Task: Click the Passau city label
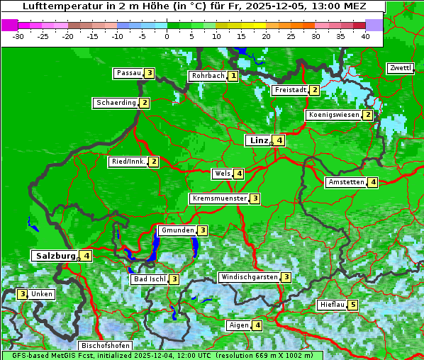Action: coord(128,73)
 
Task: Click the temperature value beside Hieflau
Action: coord(353,305)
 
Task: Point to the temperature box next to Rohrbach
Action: coord(233,76)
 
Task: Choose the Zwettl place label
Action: coord(400,68)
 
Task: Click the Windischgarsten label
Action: coord(248,277)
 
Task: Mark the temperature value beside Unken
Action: coord(23,294)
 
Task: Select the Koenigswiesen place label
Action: coord(333,115)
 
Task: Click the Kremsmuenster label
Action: coord(218,198)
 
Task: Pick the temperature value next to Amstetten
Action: coord(373,182)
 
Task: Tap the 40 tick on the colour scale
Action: coord(365,36)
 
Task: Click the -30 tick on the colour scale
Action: coord(18,36)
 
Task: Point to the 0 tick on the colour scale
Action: coord(167,36)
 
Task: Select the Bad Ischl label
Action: coord(149,279)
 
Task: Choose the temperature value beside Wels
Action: coord(240,174)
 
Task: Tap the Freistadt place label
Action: coord(290,90)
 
